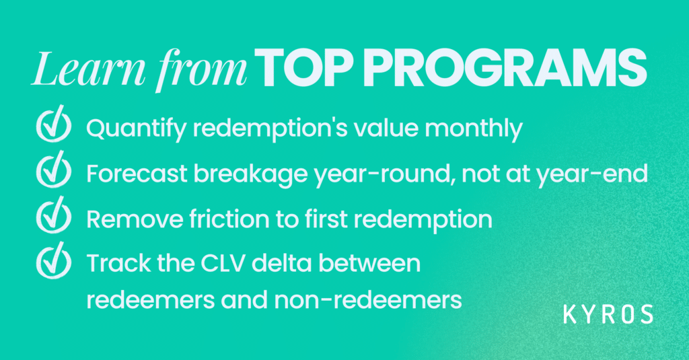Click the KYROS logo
click(x=608, y=314)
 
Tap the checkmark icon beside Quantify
click(x=54, y=124)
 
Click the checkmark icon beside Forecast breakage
click(x=54, y=170)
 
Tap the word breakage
click(x=251, y=174)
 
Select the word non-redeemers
click(x=368, y=301)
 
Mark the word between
click(x=369, y=264)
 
